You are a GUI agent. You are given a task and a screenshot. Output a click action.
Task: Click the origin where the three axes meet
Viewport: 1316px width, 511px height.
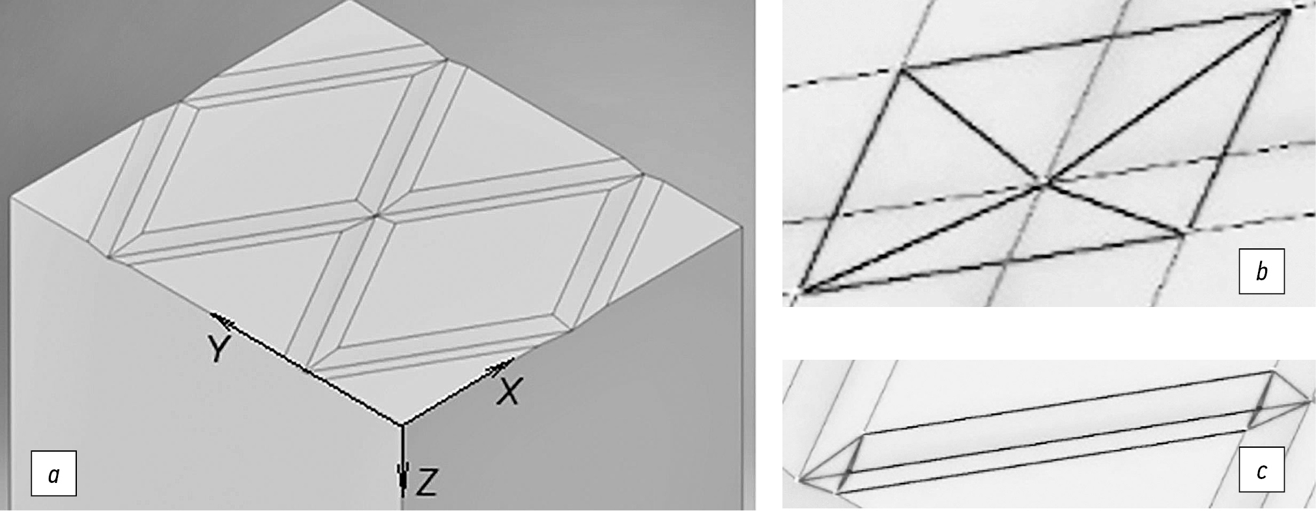click(x=403, y=425)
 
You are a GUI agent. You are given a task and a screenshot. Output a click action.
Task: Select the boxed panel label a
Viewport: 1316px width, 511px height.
click(x=54, y=473)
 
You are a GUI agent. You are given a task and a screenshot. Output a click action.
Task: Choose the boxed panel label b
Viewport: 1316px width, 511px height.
click(x=1261, y=271)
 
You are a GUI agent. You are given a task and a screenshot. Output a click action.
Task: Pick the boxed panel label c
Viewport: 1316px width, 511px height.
click(x=1261, y=488)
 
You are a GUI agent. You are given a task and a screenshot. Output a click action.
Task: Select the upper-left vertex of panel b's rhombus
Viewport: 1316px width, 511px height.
click(x=903, y=68)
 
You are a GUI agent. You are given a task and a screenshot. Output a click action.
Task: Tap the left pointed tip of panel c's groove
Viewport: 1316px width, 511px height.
click(x=800, y=483)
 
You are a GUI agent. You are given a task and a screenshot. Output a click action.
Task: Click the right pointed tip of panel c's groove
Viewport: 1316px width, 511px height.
click(x=1311, y=401)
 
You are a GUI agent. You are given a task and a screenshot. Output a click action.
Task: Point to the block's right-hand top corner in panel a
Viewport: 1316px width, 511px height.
click(x=742, y=229)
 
